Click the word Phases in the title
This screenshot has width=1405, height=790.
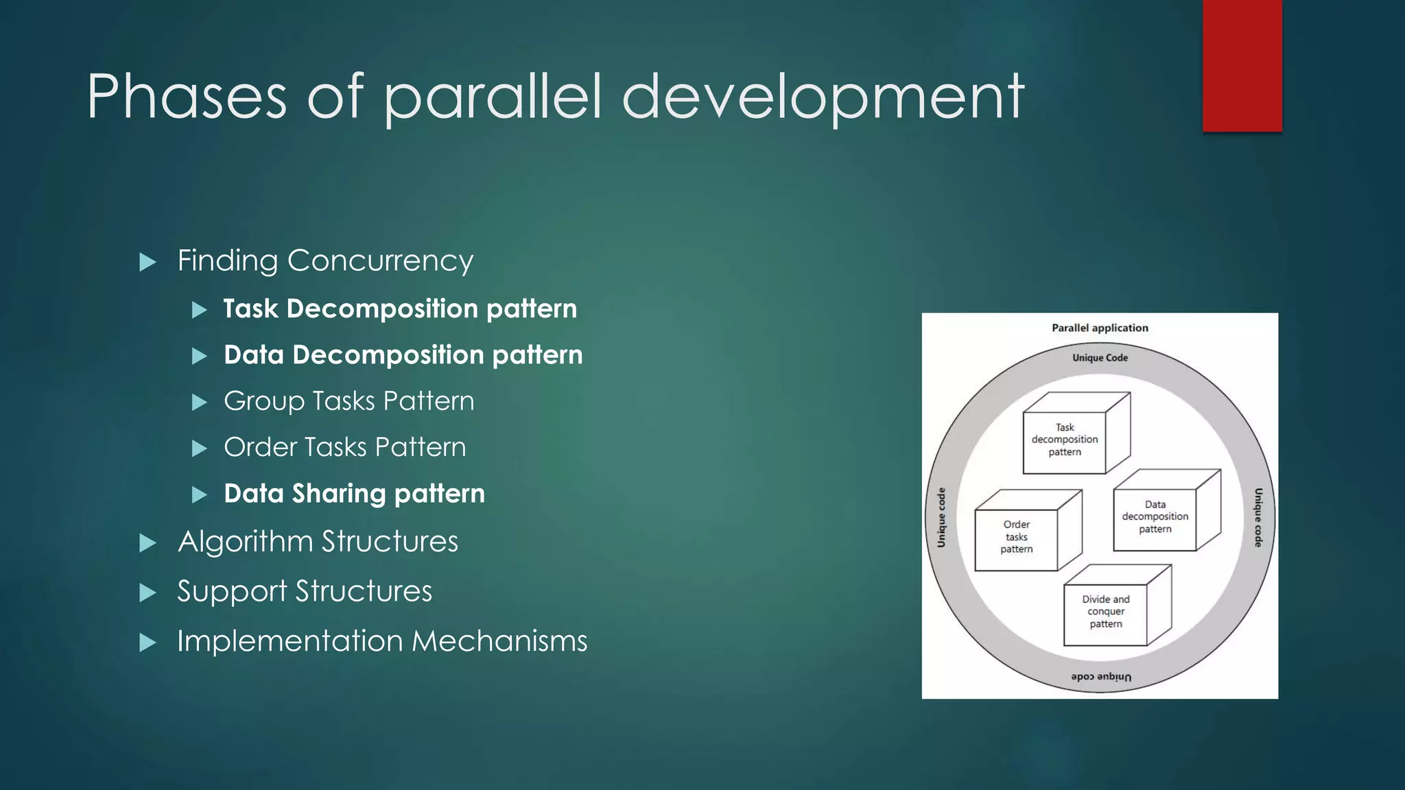point(187,97)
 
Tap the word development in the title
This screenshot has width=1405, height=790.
point(823,97)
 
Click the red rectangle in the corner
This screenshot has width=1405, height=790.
point(1242,65)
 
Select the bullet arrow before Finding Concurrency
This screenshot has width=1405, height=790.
point(147,262)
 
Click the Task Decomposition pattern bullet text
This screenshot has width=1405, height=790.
point(400,309)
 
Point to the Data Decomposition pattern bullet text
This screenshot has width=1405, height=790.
point(403,355)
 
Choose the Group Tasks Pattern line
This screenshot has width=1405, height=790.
point(349,401)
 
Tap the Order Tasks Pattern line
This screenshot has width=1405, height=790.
point(344,447)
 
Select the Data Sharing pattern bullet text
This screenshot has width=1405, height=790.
point(354,494)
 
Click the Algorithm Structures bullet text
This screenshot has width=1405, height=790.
point(318,542)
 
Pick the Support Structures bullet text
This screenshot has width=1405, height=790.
point(305,591)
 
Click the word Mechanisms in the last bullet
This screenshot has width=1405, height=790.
point(499,641)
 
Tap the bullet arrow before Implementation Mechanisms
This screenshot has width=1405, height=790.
point(147,643)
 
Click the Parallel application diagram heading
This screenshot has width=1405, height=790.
point(1100,328)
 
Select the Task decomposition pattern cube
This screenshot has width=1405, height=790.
point(1065,440)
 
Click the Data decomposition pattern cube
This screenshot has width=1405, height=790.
point(1155,516)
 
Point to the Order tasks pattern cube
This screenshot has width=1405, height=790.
point(1017,536)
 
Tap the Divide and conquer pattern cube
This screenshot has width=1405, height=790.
point(1106,611)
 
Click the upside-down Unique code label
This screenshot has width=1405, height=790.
point(1101,677)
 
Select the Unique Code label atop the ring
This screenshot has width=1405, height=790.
point(1100,357)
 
